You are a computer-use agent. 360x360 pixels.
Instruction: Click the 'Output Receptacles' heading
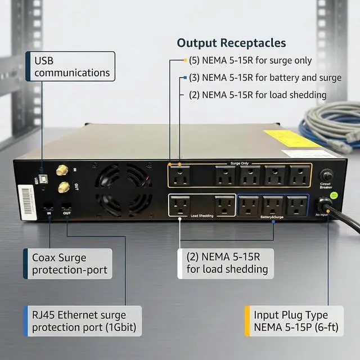[x=231, y=43]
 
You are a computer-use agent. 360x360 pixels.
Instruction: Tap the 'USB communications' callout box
[x=71, y=66]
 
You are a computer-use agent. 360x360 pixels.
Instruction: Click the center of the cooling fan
[x=123, y=188]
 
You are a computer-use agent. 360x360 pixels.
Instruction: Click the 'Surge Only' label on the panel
[x=239, y=163]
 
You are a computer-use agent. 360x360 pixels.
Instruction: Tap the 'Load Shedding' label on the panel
[x=201, y=216]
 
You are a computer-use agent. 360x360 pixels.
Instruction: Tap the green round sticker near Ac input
[x=333, y=195]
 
